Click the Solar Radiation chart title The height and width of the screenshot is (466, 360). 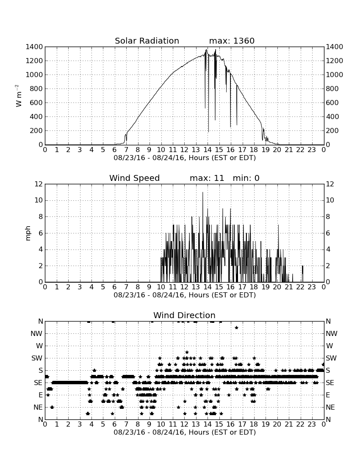pos(147,41)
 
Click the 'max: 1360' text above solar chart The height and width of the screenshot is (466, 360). pos(232,41)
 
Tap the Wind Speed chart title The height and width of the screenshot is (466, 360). pos(134,178)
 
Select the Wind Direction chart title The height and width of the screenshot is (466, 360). pos(184,315)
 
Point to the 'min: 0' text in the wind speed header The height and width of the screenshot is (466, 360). pos(246,178)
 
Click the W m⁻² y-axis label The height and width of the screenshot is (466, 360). pos(18,96)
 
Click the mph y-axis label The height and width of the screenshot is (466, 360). pos(28,233)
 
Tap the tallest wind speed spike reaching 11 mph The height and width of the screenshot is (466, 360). pos(203,193)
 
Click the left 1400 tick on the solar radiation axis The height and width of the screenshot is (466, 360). pos(34,47)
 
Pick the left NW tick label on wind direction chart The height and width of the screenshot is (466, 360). pos(36,333)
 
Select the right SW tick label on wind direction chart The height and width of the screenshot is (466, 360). pos(331,358)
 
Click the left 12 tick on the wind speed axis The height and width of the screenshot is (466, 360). pos(39,184)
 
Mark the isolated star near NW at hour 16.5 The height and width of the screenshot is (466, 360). pos(236,327)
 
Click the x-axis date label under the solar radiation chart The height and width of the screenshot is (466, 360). pos(185,158)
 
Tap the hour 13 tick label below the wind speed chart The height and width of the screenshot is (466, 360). pos(196,287)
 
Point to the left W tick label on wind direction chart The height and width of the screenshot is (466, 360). pos(39,346)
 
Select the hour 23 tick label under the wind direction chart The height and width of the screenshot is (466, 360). pos(312,424)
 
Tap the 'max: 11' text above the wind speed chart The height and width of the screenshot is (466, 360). pos(207,178)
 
